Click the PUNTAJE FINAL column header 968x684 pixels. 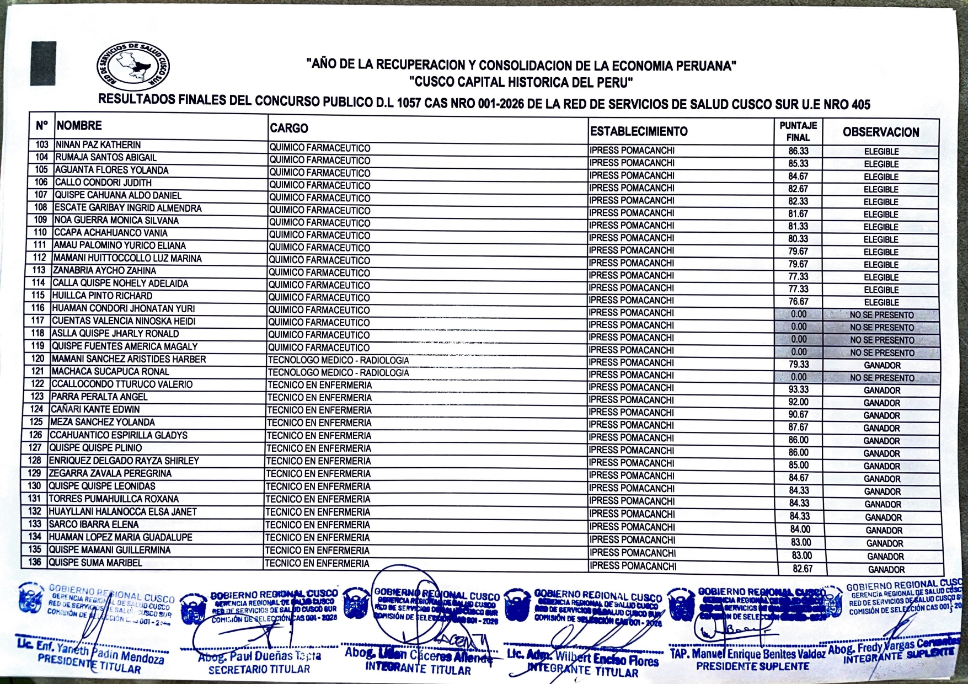798,131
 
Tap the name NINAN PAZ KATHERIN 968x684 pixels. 98,145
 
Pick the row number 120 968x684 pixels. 38,359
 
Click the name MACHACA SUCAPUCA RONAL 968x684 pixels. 103,372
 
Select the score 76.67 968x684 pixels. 798,302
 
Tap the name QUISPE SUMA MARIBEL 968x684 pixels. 95,563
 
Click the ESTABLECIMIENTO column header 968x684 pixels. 639,132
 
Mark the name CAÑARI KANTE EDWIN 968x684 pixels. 95,410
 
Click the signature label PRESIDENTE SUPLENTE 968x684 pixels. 752,666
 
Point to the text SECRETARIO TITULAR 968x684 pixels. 259,670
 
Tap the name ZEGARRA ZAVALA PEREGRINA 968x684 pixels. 110,473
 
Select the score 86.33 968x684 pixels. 798,151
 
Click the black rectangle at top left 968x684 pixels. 43,63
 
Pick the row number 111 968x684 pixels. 40,245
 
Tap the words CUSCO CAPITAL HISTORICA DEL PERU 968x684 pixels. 520,83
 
